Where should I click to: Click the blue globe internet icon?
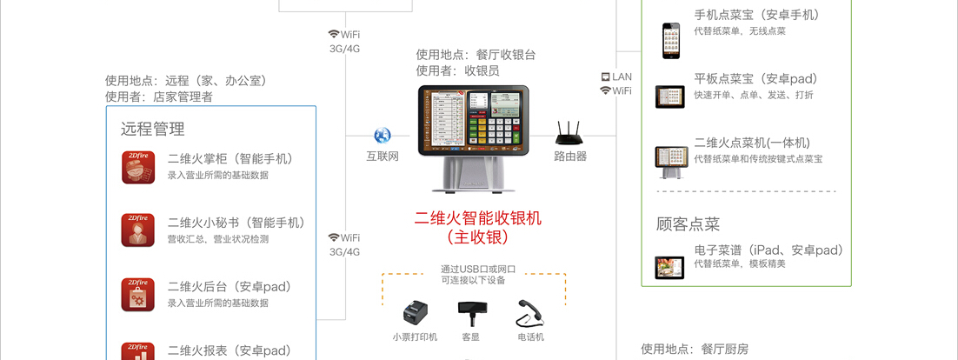tap(382, 136)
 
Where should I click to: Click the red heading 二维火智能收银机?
tap(477, 218)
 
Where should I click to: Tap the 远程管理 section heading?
tap(152, 129)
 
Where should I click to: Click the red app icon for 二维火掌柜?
tap(138, 167)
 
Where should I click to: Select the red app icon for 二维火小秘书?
tap(138, 230)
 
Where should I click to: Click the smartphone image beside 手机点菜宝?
tap(670, 40)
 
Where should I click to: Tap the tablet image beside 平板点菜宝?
tap(670, 96)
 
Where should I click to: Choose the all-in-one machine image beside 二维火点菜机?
tap(670, 157)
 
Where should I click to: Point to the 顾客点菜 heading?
tap(688, 224)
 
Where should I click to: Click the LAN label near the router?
tap(622, 77)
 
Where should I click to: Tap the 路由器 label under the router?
tap(570, 157)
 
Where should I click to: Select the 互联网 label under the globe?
tap(382, 157)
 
